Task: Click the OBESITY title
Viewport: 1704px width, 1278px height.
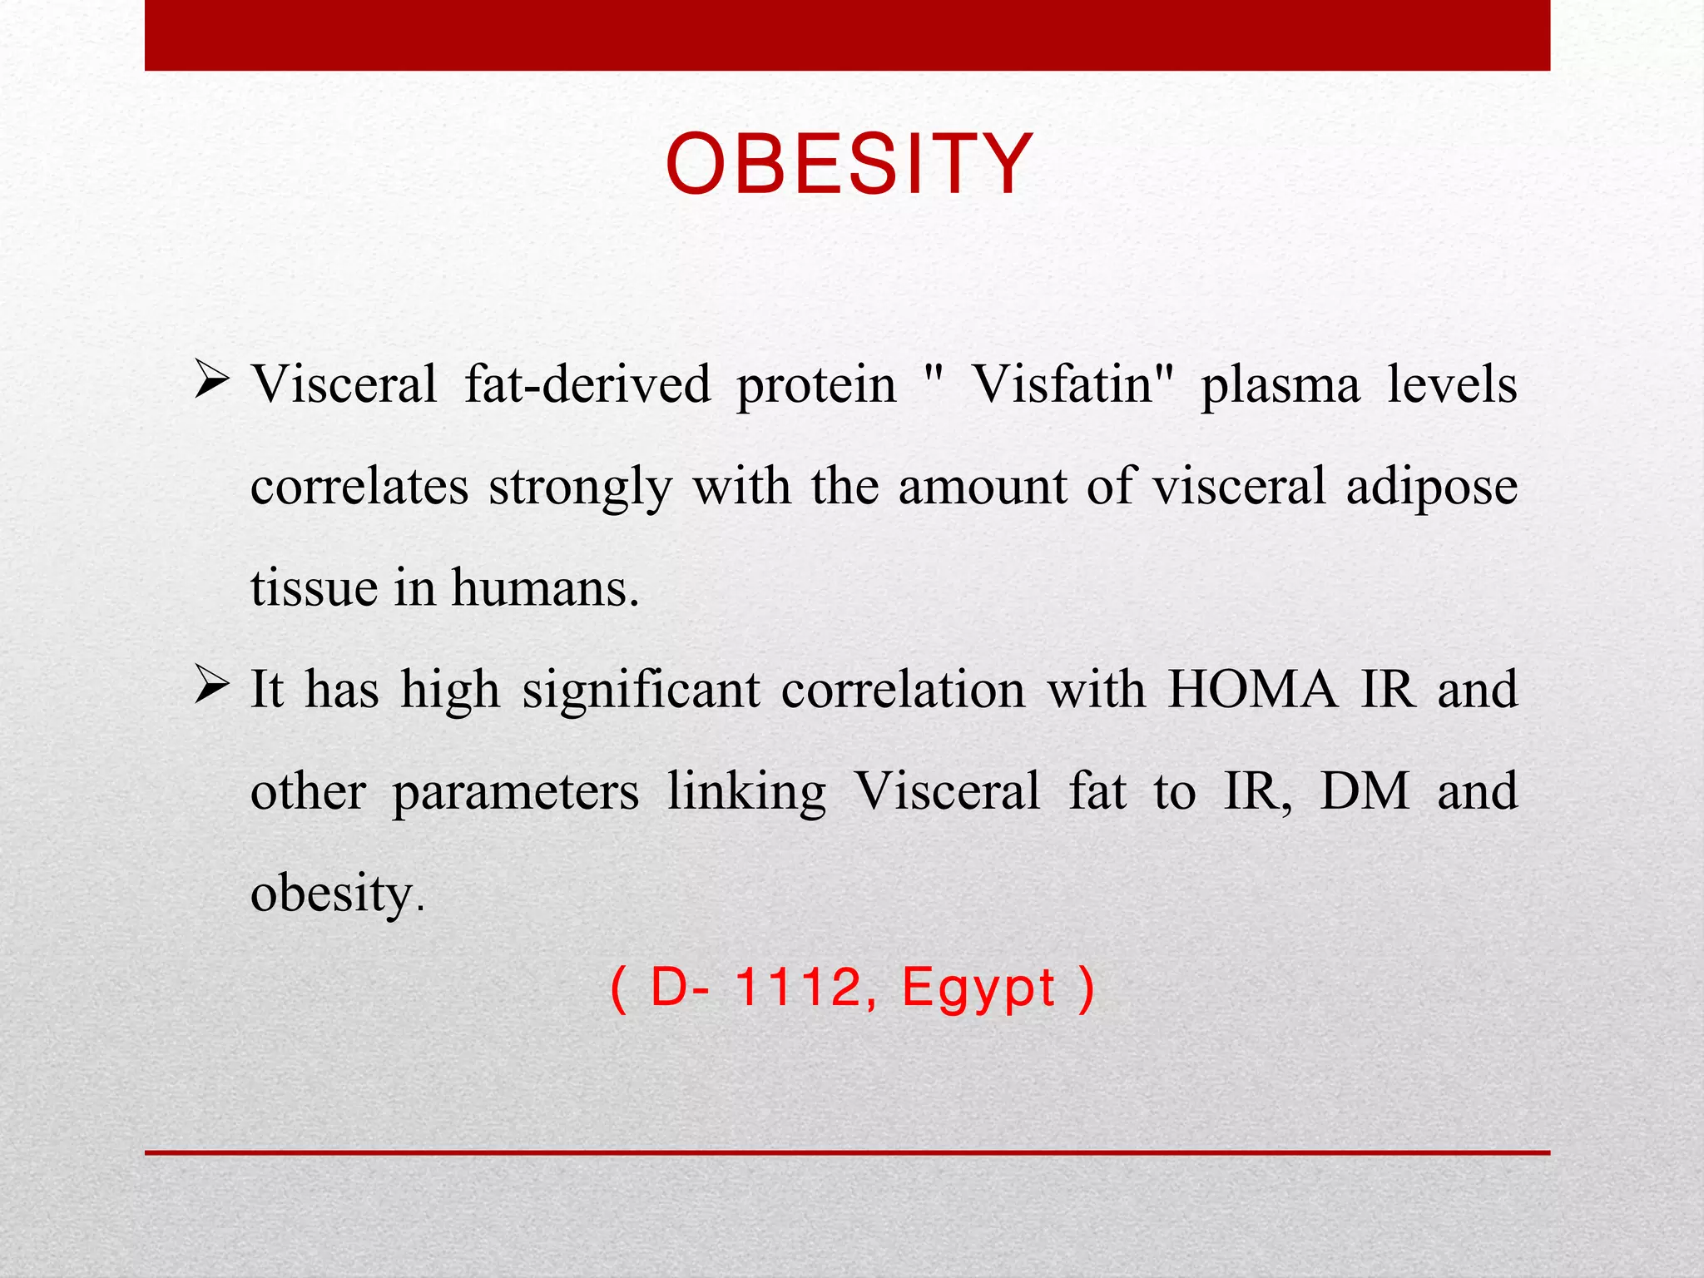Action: click(849, 165)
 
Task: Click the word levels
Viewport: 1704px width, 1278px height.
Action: click(1452, 384)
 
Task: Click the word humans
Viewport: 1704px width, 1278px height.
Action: click(545, 587)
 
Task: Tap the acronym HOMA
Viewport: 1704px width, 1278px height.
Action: click(1252, 690)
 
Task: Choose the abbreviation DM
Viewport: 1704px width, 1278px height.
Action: click(1365, 790)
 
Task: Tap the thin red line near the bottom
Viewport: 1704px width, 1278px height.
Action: click(847, 1152)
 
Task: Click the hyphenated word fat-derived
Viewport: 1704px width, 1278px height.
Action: click(587, 384)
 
